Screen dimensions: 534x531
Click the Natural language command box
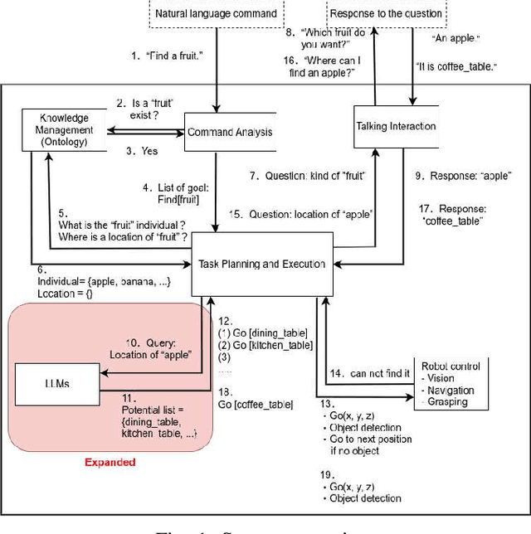217,14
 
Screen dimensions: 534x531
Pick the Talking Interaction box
396,127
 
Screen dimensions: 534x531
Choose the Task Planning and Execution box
263,264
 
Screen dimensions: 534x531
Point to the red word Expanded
110,462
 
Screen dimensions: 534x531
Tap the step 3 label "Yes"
141,152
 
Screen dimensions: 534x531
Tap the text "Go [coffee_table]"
255,404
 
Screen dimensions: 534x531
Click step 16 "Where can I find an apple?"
329,66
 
